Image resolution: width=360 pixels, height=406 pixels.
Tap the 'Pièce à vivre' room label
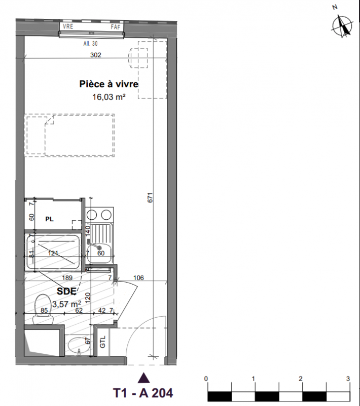tap(109, 84)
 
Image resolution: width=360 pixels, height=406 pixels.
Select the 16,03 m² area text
tap(109, 97)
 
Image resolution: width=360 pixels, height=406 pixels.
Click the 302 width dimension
tap(96, 55)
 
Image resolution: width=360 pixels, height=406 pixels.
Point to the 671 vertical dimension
tap(150, 197)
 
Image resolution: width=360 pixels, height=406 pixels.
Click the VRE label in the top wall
tap(68, 26)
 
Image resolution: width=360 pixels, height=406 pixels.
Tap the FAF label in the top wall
tap(116, 27)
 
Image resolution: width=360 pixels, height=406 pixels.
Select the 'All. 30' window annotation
tap(91, 44)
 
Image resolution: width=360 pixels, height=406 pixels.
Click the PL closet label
tap(49, 219)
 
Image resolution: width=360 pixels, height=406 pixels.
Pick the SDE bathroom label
tap(66, 291)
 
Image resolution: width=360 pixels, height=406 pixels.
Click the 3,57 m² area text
tap(67, 303)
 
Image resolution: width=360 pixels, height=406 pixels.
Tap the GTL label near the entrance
tap(102, 342)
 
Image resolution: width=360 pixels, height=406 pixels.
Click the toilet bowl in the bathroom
tap(43, 310)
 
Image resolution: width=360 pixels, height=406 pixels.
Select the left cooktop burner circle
tap(92, 215)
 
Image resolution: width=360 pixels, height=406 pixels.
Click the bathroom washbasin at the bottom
tap(78, 345)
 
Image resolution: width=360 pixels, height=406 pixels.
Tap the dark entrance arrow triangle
tap(144, 378)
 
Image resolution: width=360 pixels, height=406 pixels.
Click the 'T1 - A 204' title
tap(143, 392)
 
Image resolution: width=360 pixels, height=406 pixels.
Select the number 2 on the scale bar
tap(301, 379)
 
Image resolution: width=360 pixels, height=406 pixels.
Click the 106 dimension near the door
tap(138, 278)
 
